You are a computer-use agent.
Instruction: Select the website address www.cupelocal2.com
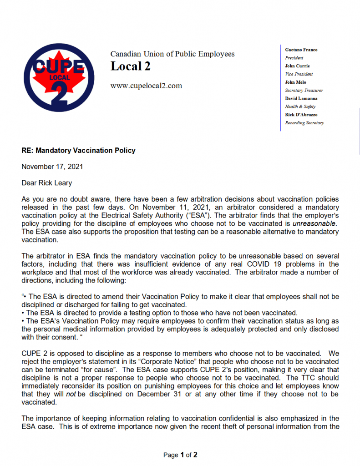[x=146, y=86]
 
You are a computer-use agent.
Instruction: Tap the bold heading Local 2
[x=130, y=66]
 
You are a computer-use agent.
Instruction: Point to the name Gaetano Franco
[x=301, y=50]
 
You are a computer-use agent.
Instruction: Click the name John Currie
[x=297, y=66]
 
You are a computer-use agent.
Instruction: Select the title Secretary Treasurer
[x=304, y=91]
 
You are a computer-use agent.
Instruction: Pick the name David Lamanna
[x=301, y=98]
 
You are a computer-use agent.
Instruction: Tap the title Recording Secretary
[x=304, y=123]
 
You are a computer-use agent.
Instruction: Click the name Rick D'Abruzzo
[x=301, y=115]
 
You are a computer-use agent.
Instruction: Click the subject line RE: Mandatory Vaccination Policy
[x=78, y=151]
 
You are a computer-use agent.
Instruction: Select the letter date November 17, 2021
[x=52, y=167]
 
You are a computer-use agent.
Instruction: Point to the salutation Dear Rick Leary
[x=47, y=183]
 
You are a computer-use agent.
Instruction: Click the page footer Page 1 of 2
[x=180, y=455]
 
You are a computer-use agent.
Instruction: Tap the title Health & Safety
[x=300, y=106]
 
